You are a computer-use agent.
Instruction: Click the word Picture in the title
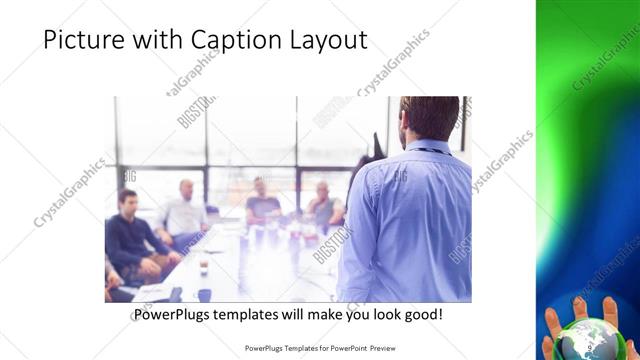click(83, 41)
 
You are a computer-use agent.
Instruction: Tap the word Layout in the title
click(326, 41)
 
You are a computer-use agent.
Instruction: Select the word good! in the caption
click(421, 315)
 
